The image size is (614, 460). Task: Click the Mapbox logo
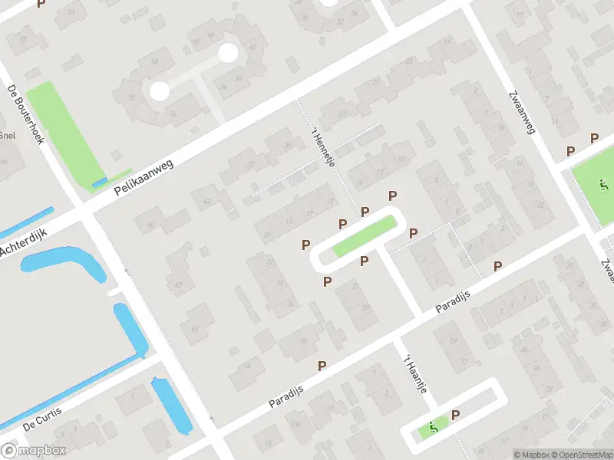34,450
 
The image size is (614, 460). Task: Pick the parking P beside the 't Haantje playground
455,416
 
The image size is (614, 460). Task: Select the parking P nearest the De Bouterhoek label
41,4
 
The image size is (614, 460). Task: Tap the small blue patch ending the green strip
100,182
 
